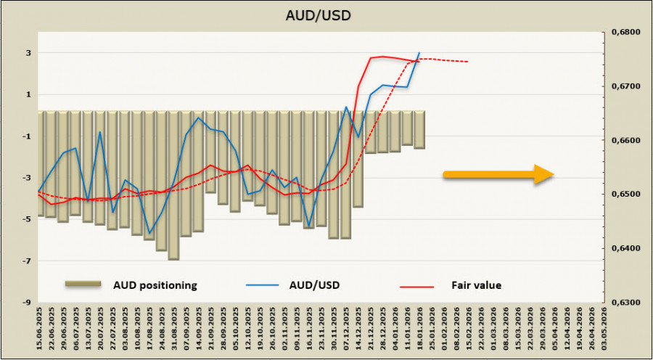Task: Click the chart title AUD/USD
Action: click(x=325, y=15)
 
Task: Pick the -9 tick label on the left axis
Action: click(x=26, y=302)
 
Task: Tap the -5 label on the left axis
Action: click(x=26, y=219)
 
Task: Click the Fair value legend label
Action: click(x=476, y=285)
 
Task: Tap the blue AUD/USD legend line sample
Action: click(x=265, y=285)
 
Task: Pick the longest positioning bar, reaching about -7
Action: click(x=173, y=185)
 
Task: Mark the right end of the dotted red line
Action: click(x=467, y=62)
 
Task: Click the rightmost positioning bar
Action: click(x=419, y=130)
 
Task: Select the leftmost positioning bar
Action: click(x=41, y=163)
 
